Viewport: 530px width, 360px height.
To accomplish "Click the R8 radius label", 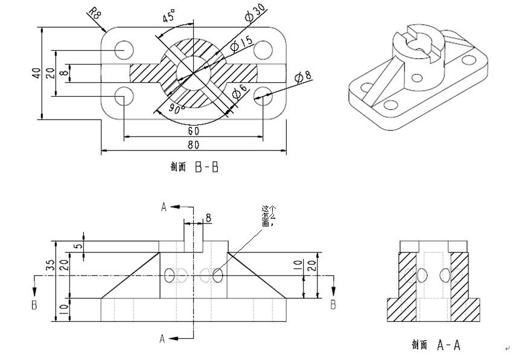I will coord(94,14).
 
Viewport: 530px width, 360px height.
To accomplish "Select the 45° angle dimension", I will coord(170,16).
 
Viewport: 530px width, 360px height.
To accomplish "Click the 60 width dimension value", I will coord(193,130).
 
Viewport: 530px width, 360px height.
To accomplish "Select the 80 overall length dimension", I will coord(193,145).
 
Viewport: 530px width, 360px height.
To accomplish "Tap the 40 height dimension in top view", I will coord(36,72).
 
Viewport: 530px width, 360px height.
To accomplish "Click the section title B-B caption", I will coord(194,167).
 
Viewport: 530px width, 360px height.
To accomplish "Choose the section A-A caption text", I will coord(436,345).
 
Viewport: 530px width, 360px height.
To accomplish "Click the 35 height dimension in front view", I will coord(51,266).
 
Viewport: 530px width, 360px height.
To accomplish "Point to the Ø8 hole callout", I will coord(303,77).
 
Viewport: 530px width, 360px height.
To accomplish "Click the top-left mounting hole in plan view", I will coord(124,49).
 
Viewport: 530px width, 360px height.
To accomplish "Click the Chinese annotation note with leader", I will coord(268,216).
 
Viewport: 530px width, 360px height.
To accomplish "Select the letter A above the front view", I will coord(163,207).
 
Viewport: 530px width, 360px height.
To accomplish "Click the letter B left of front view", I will coord(34,305).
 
